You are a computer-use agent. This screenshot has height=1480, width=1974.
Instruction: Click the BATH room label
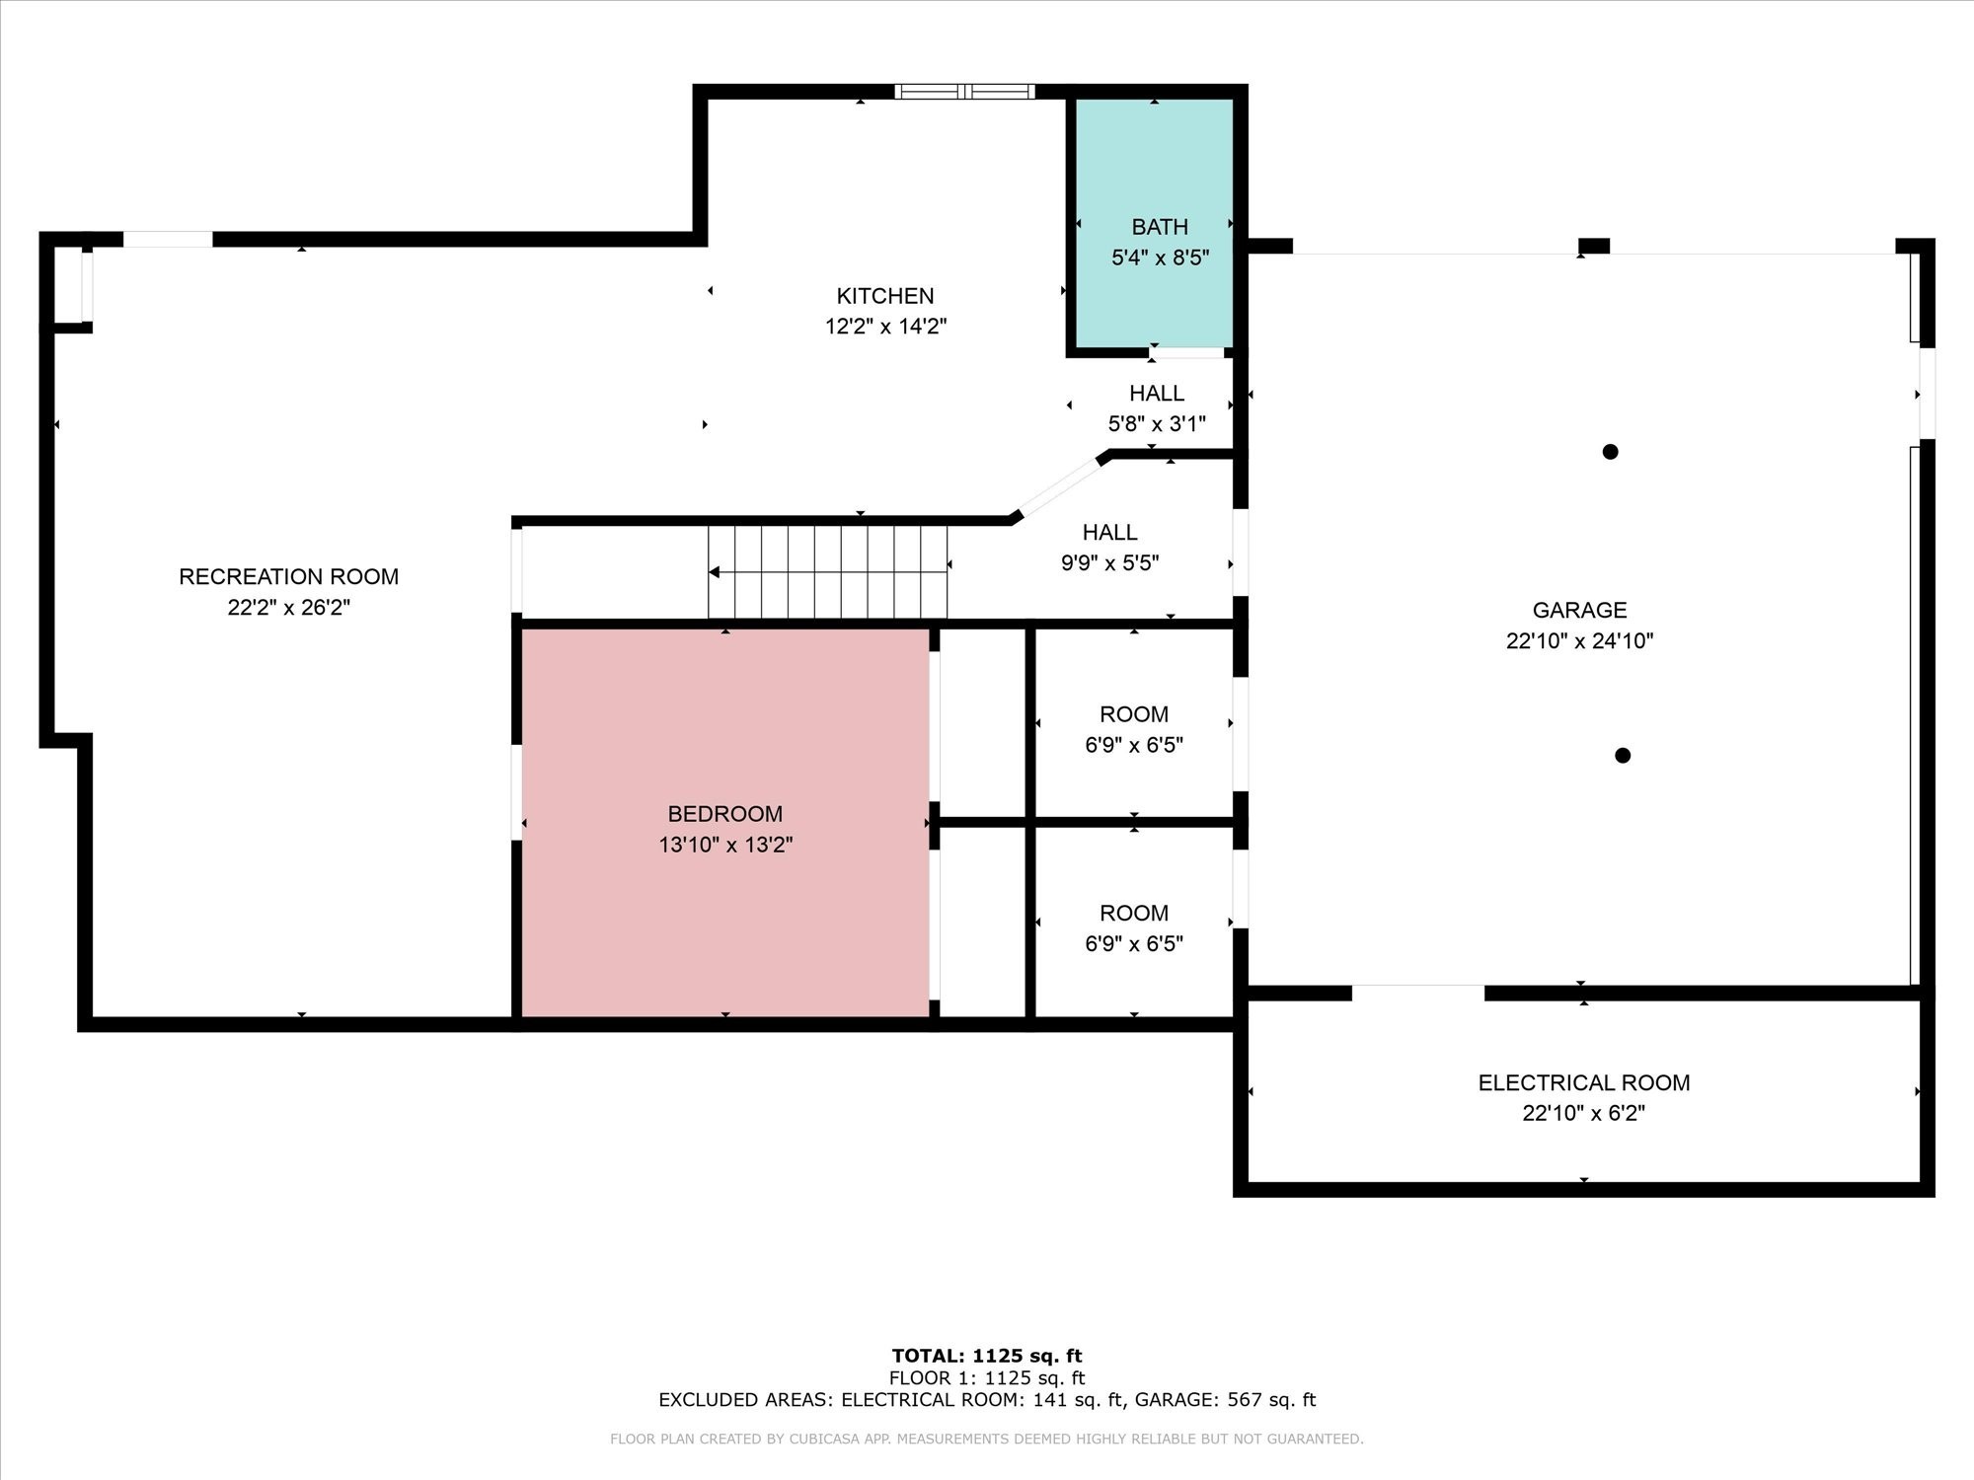(1160, 227)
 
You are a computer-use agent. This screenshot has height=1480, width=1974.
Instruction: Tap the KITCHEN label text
(885, 296)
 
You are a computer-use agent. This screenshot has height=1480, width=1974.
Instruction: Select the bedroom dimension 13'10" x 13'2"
(726, 845)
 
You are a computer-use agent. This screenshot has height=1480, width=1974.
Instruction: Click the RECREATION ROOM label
(289, 576)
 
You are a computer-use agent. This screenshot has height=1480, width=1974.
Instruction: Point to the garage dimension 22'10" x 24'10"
(1580, 640)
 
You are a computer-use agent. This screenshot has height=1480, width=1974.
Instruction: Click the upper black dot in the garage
(1610, 452)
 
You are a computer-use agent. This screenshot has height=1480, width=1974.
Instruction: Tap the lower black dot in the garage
(1623, 756)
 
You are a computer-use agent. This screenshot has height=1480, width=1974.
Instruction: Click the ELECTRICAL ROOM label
(1584, 1082)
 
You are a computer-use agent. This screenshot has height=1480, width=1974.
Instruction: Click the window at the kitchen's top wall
(965, 92)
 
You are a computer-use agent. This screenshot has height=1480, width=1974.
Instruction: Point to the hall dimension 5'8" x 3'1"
(1157, 424)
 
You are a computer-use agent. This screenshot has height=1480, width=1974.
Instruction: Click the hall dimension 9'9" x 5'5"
(1110, 563)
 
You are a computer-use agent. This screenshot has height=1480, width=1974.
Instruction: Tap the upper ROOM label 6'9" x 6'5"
(1134, 714)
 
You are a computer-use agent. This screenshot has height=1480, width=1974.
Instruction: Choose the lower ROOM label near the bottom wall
(1134, 914)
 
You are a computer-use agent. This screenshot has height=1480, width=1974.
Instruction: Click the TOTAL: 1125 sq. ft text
(987, 1356)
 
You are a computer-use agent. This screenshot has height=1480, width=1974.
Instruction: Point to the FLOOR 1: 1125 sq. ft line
(987, 1378)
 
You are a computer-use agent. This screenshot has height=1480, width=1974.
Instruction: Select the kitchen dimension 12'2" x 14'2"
(886, 327)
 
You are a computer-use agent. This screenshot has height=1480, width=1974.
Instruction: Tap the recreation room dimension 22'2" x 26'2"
(289, 608)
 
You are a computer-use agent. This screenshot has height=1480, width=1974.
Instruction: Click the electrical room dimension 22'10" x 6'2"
(1584, 1113)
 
